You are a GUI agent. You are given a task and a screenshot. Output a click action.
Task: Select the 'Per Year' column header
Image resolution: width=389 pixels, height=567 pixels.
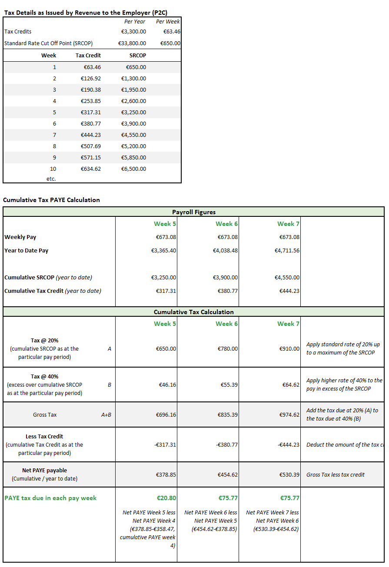[135, 22]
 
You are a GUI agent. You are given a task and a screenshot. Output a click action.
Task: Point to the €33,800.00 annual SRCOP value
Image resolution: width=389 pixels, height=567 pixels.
[132, 43]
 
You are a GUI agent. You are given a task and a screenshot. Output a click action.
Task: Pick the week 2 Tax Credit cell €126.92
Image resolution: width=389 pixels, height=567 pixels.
[91, 79]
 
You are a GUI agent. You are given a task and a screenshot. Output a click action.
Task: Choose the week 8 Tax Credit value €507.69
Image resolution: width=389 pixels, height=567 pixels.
[91, 146]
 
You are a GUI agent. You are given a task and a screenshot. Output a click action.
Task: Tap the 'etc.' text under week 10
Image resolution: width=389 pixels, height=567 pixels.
[51, 179]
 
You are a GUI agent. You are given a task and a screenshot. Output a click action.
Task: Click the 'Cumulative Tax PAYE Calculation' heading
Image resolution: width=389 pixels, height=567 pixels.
[51, 200]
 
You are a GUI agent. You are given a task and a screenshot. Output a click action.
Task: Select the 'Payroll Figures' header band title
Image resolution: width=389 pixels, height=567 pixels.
[194, 212]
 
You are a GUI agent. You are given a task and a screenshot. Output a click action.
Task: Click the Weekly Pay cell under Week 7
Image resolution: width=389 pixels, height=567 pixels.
[289, 237]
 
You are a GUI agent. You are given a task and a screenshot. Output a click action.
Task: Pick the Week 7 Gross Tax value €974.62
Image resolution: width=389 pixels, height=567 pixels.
[289, 415]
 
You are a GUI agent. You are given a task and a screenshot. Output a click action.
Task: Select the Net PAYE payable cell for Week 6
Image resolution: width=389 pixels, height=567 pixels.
[228, 475]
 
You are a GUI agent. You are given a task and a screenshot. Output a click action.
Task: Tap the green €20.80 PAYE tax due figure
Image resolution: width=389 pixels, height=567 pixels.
[166, 498]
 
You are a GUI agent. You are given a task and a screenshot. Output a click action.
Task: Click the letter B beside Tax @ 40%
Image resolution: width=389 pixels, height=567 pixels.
[110, 385]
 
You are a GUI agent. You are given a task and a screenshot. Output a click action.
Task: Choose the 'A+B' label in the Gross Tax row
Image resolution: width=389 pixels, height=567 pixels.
[106, 415]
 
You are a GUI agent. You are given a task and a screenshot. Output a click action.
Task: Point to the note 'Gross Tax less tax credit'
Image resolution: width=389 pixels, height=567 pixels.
[336, 475]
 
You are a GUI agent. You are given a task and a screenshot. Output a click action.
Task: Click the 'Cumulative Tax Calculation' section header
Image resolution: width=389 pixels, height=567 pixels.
[194, 312]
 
